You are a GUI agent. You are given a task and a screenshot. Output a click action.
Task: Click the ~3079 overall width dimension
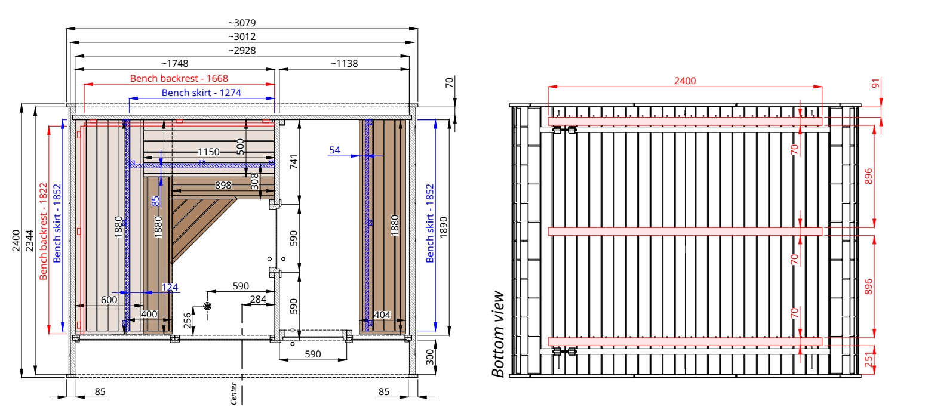click(x=242, y=23)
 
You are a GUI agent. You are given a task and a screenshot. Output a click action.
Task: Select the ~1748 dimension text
click(x=174, y=63)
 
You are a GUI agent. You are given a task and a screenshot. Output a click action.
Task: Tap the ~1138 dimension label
click(x=344, y=63)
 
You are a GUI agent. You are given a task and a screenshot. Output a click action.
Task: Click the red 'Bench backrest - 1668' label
click(x=179, y=78)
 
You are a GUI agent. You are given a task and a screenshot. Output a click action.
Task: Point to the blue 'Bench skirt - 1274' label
click(x=201, y=93)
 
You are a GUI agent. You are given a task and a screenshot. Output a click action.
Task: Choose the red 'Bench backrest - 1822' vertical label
click(x=44, y=232)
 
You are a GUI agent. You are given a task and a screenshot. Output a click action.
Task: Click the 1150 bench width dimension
click(x=208, y=152)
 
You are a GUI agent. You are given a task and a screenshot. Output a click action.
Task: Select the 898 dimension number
click(x=223, y=185)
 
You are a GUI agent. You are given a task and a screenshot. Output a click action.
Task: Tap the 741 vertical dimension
click(x=293, y=162)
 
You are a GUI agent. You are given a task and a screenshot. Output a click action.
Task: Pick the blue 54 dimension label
click(x=335, y=150)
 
